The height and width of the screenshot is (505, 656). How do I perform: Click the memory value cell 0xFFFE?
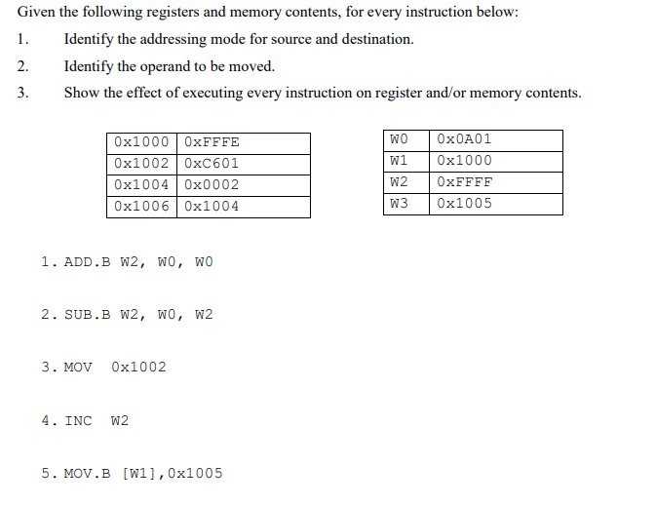click(212, 142)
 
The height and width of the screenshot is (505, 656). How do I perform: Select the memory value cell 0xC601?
click(212, 164)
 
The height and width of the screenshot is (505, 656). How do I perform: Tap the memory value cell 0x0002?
click(212, 185)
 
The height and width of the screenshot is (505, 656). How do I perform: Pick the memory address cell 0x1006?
click(141, 207)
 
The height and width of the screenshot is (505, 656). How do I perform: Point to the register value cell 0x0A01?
click(465, 139)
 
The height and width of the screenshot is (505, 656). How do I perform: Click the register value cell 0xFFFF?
click(465, 182)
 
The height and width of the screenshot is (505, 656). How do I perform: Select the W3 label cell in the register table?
click(399, 204)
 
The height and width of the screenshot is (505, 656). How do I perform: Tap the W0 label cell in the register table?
click(399, 139)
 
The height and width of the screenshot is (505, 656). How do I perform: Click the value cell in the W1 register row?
click(465, 161)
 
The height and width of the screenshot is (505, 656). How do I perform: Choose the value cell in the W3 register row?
click(465, 204)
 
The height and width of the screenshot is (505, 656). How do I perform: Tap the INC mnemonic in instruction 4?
click(79, 421)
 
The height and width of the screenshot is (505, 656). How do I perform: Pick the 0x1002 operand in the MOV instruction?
click(138, 368)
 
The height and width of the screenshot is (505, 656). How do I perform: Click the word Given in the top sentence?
click(37, 13)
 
